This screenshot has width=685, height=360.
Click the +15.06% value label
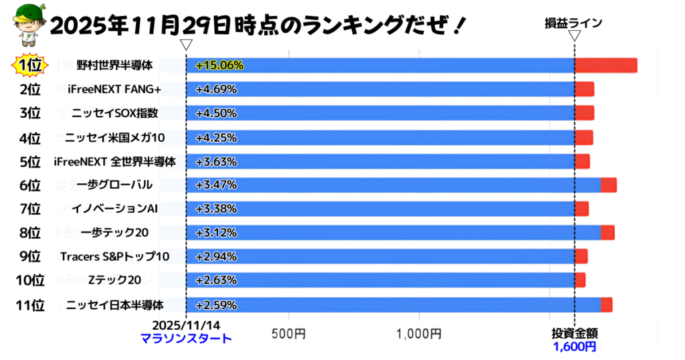tap(219, 66)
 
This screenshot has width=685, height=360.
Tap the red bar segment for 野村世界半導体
tap(605, 66)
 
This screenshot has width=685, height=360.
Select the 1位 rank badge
tap(30, 66)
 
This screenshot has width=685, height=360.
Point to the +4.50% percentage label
tap(216, 113)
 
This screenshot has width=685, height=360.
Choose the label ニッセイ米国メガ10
tap(114, 138)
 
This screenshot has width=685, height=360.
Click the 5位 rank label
tap(30, 161)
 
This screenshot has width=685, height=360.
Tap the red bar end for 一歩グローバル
tap(608, 185)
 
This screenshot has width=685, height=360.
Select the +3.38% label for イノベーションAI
tap(216, 209)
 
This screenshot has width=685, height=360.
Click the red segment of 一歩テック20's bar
tap(607, 233)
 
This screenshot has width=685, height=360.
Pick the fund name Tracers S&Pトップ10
tap(114, 257)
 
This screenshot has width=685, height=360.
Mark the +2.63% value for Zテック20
tap(216, 280)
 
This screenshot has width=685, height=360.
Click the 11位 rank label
tap(30, 305)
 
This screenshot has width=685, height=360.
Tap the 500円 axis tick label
tap(288, 333)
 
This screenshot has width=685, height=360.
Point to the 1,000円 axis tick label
tap(417, 333)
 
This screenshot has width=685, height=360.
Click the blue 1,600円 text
tap(574, 346)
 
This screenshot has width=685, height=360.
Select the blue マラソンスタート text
tap(186, 339)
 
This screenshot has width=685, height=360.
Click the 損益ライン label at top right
tap(574, 23)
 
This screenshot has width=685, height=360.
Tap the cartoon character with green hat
tap(24, 25)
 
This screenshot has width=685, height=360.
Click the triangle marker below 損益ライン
tap(574, 37)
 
